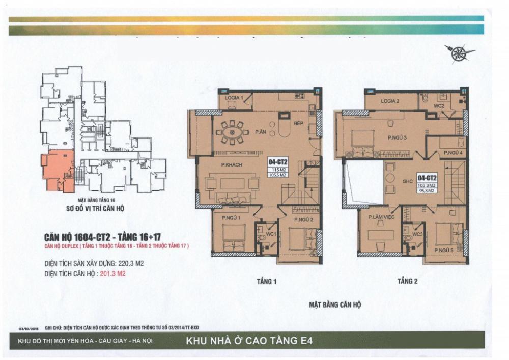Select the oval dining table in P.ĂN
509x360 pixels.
tap(233, 132)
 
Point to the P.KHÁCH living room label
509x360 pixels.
tap(231, 164)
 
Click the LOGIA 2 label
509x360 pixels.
tap(390, 101)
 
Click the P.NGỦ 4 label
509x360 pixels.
tap(453, 153)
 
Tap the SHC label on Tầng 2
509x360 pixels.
tap(407, 180)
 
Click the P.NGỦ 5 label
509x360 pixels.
tap(444, 251)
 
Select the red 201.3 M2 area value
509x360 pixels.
tap(112, 273)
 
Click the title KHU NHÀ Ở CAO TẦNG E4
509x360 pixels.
tap(252, 341)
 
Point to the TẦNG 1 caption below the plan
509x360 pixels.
tap(267, 281)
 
